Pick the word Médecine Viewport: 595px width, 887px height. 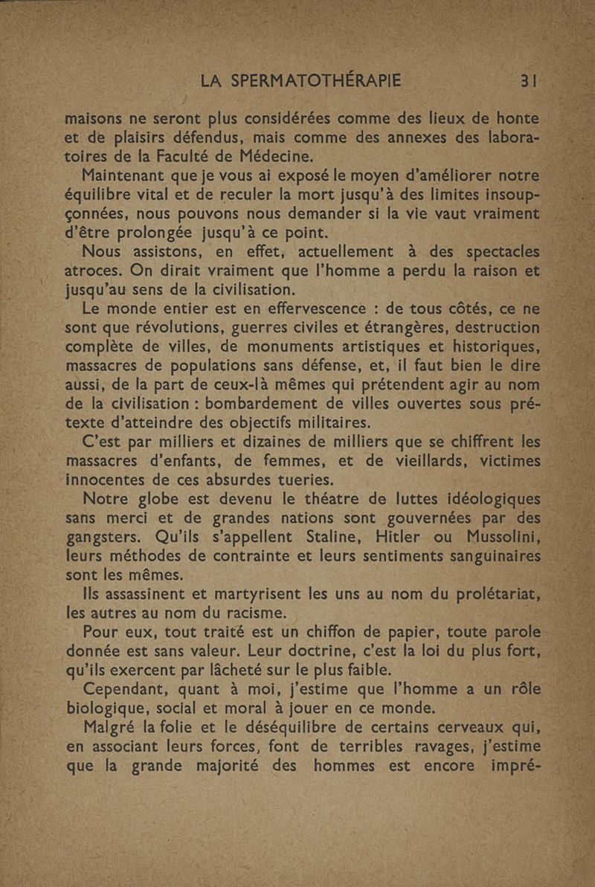(x=269, y=156)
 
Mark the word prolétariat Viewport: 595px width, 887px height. (x=481, y=594)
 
